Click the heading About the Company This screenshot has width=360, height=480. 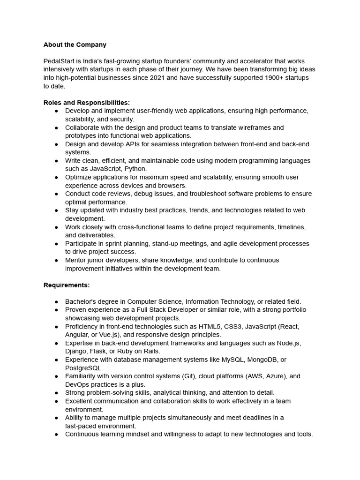point(75,45)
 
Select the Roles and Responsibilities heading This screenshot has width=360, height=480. point(87,103)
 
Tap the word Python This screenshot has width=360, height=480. point(136,169)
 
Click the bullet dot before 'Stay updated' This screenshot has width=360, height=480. point(56,210)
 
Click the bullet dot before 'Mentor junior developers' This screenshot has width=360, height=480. point(56,260)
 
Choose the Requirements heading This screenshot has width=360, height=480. point(67,285)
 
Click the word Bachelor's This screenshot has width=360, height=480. point(81,301)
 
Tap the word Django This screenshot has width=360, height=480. point(76,351)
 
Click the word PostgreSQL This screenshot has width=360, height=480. point(84,368)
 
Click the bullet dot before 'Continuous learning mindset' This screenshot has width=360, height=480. point(56,434)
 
